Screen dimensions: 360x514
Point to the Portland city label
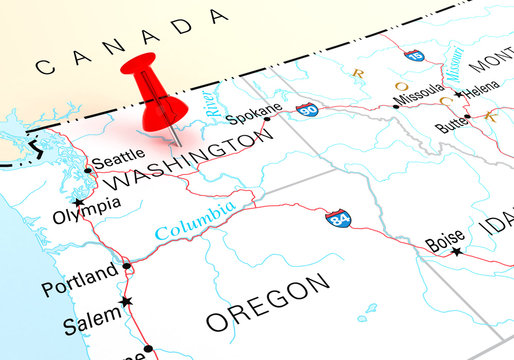[79, 274]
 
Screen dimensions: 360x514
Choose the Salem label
[89, 326]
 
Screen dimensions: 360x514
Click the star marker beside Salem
[126, 301]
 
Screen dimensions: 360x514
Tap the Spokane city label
[247, 115]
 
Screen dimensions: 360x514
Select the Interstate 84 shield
[339, 217]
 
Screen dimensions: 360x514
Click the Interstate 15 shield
[415, 57]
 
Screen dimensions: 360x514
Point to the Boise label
[445, 241]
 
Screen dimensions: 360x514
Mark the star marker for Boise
[458, 252]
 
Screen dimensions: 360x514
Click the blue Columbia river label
[196, 220]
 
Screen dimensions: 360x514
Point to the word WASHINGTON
[187, 164]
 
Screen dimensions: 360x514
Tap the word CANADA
[130, 42]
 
